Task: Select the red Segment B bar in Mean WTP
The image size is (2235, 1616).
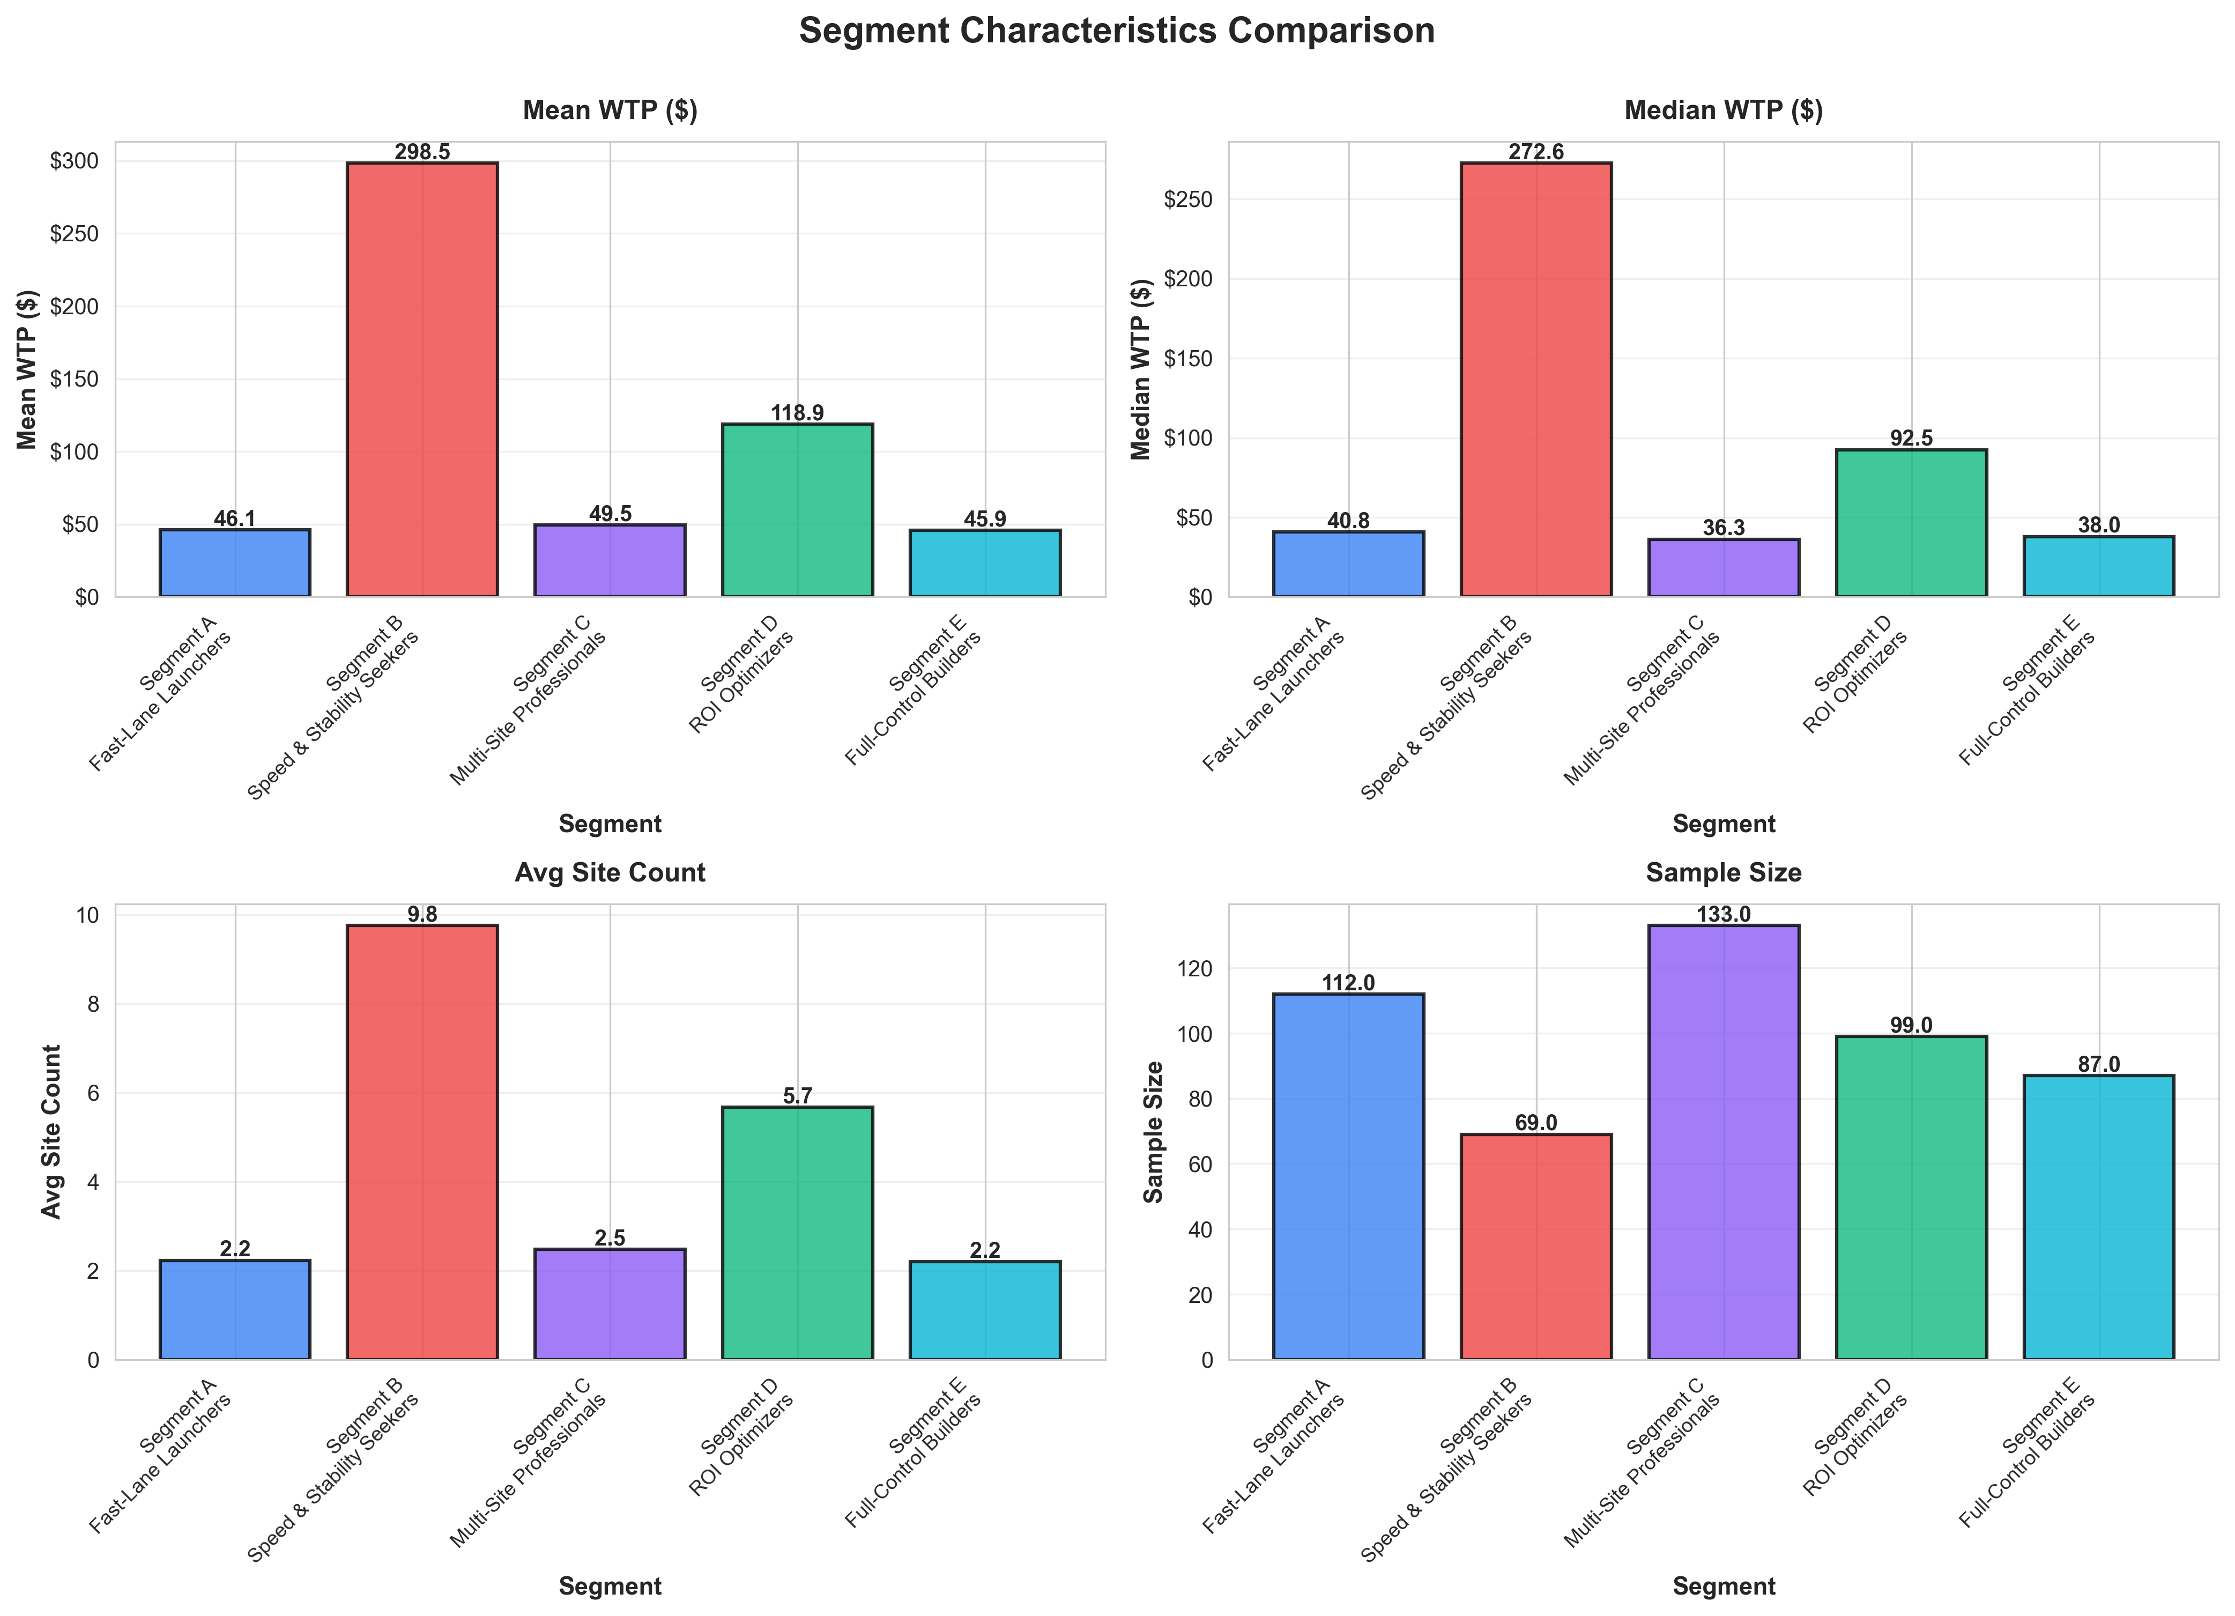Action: [422, 380]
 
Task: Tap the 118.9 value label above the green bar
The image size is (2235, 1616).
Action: [797, 413]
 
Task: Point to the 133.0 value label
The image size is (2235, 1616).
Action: [1724, 914]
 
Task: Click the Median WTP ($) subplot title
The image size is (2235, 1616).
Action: [1724, 110]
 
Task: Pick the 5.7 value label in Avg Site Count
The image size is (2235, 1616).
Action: [797, 1096]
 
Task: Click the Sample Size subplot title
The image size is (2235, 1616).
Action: [1724, 873]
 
